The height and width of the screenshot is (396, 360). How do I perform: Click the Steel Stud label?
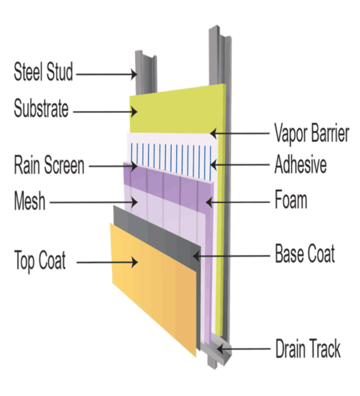tap(43, 73)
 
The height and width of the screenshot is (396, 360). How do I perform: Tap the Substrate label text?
tap(40, 109)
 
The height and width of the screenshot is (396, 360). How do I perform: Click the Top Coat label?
tap(40, 262)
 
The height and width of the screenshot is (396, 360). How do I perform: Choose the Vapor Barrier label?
tap(311, 134)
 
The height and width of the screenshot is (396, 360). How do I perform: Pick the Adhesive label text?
tap(300, 165)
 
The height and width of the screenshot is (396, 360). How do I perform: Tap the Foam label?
tap(292, 201)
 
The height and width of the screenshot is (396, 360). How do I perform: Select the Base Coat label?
tap(304, 254)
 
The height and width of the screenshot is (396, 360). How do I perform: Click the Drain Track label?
tap(307, 349)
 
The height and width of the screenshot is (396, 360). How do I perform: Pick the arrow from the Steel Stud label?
tap(105, 73)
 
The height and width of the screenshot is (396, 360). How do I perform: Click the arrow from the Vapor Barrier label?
tap(240, 135)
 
